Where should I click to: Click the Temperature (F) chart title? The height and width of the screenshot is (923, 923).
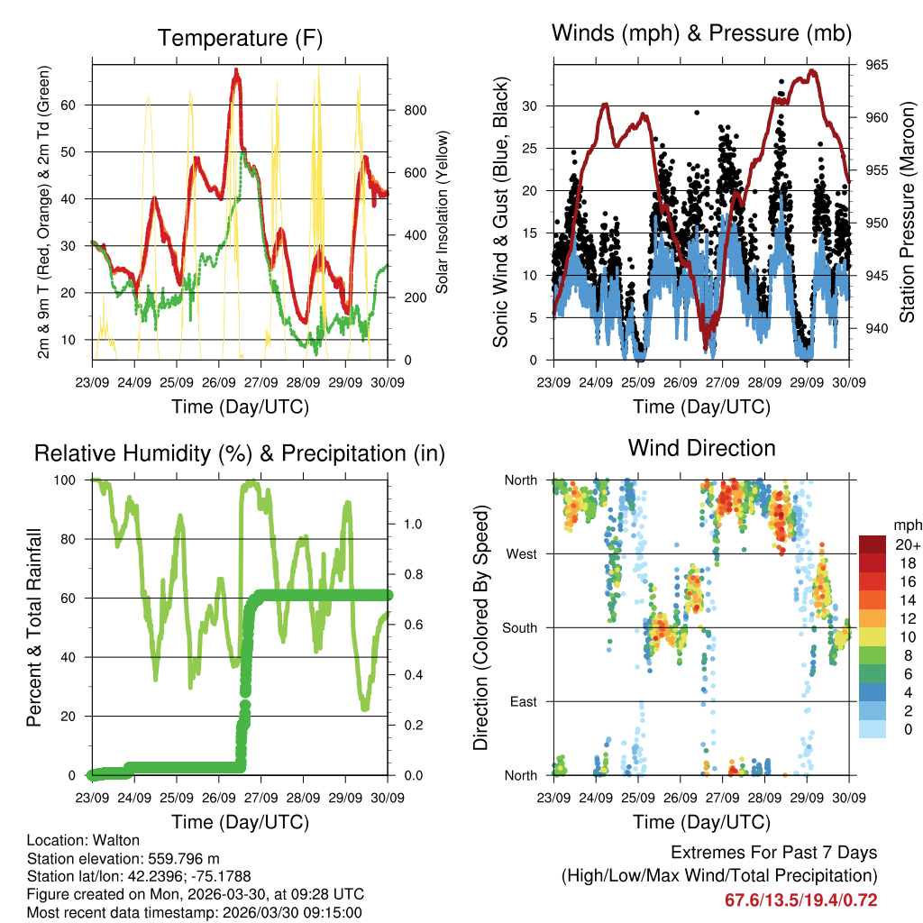(239, 38)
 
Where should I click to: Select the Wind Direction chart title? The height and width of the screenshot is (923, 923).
(701, 448)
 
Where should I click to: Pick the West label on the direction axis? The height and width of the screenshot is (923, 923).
(523, 554)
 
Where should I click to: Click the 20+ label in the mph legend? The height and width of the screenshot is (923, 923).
(907, 544)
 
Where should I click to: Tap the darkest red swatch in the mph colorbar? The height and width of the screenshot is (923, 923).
(872, 544)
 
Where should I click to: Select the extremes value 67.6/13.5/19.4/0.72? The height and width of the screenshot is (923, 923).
(800, 900)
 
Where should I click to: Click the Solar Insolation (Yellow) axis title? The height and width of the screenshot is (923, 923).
(443, 212)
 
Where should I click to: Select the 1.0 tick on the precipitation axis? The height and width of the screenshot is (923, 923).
(412, 523)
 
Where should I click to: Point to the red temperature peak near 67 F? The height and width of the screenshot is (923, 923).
(236, 72)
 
